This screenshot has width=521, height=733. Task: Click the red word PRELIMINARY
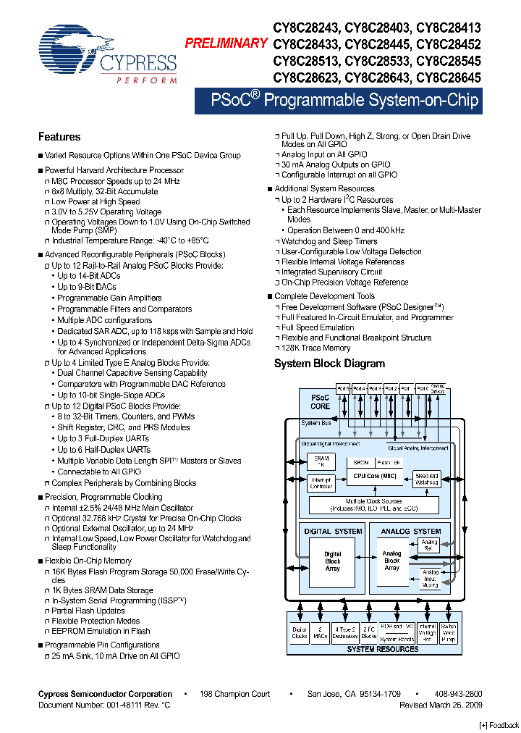(226, 43)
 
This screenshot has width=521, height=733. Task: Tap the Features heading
(59, 137)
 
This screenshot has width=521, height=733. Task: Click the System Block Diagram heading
(329, 364)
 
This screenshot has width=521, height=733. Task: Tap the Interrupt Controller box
(321, 483)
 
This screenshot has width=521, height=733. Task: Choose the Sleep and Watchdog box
(426, 479)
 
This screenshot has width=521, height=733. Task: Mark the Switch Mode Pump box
(449, 633)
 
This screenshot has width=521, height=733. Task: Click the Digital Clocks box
(300, 633)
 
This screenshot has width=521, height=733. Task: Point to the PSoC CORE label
(320, 402)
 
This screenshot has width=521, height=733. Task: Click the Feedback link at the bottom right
(500, 725)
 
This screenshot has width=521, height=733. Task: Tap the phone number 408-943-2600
(458, 694)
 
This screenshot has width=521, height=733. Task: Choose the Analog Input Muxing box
(430, 579)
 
